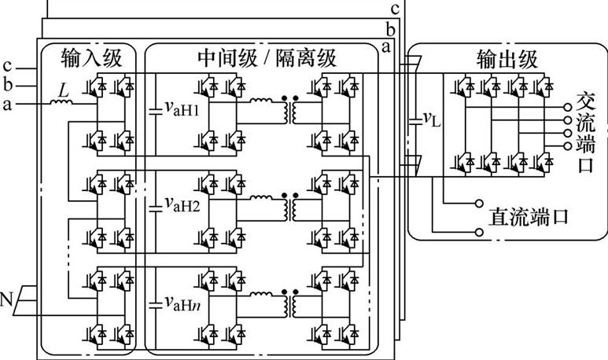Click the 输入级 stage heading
91,58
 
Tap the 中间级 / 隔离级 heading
267,58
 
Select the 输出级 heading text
507,60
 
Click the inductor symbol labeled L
61,102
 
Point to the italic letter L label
63,90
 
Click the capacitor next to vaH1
156,112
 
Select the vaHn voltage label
182,303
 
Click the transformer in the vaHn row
290,303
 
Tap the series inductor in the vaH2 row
261,197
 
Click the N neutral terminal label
6,299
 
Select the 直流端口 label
528,216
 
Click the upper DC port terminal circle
479,203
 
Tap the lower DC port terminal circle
479,232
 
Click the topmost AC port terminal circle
568,107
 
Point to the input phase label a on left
6,105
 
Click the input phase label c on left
7,66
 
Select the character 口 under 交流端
585,164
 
